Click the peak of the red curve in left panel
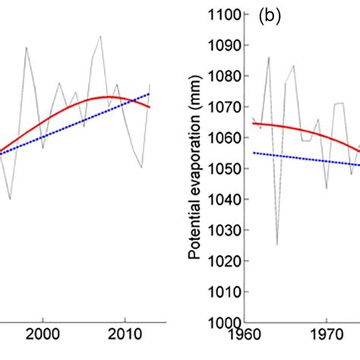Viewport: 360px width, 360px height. click(x=109, y=97)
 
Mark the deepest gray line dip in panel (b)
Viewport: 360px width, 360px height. click(x=277, y=244)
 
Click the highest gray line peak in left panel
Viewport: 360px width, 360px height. click(x=99, y=36)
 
